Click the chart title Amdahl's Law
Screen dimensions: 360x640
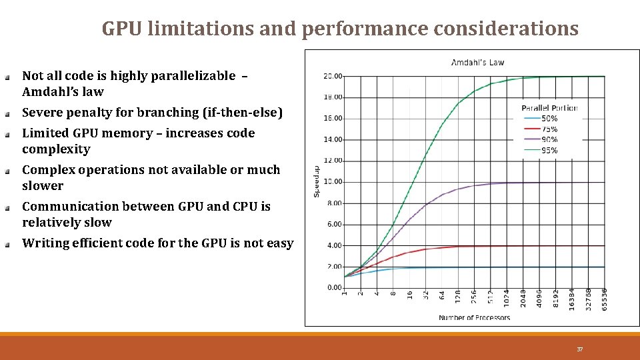pyautogui.click(x=478, y=63)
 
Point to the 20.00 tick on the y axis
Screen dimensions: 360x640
pyautogui.click(x=333, y=76)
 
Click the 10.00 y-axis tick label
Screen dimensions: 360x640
pyautogui.click(x=333, y=182)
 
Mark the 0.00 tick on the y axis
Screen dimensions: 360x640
pyautogui.click(x=334, y=288)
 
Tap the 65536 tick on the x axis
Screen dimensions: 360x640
pyautogui.click(x=604, y=299)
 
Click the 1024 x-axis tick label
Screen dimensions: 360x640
pyautogui.click(x=507, y=298)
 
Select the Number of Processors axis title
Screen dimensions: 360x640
pyautogui.click(x=474, y=317)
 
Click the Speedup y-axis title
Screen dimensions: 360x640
pyautogui.click(x=317, y=181)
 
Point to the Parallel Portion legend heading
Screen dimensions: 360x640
pyautogui.click(x=549, y=108)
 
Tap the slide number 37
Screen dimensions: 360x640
pyautogui.click(x=579, y=349)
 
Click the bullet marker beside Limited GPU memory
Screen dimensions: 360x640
pyautogui.click(x=7, y=134)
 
